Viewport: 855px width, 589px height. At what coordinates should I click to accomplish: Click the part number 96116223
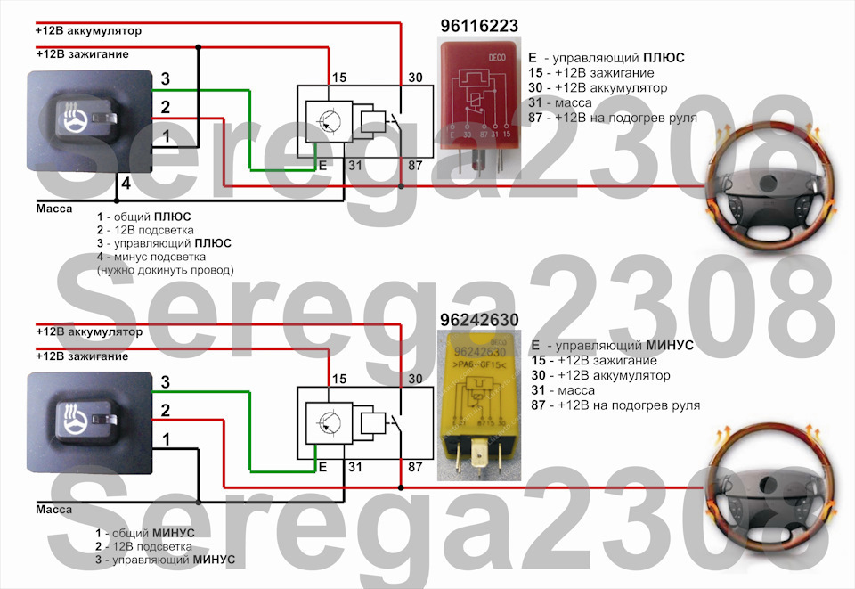479,26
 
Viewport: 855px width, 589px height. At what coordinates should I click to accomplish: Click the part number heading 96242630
479,320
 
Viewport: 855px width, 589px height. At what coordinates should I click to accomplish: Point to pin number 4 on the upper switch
126,184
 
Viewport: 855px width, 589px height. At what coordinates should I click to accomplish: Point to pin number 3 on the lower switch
165,382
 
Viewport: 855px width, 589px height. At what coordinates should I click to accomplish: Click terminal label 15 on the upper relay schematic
338,79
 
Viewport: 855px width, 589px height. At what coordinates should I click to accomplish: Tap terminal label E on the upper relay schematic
322,165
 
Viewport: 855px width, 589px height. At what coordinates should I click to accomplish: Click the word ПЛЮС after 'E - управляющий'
661,57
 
